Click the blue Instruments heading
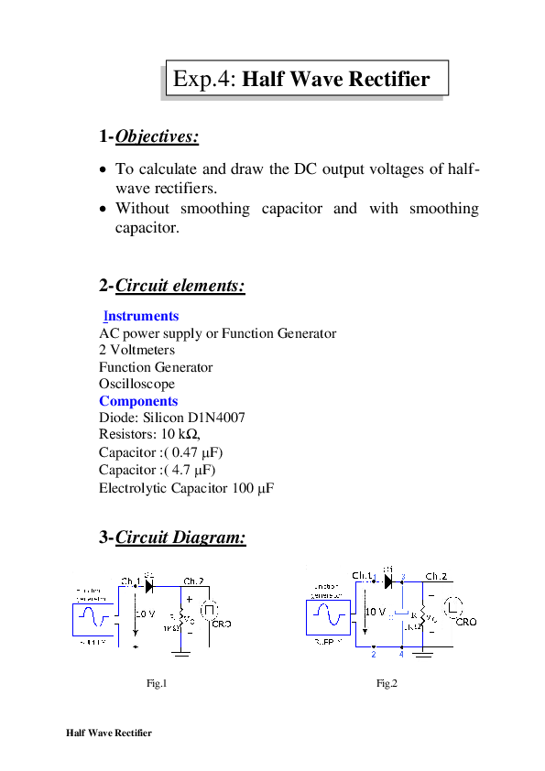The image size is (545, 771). [140, 316]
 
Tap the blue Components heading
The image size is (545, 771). [138, 401]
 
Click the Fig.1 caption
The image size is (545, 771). [157, 683]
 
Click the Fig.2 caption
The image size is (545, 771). [387, 683]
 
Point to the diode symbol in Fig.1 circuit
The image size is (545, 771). [148, 581]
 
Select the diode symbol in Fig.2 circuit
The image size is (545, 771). [387, 580]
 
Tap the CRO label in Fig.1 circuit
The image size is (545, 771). [221, 624]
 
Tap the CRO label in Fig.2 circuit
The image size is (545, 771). [465, 622]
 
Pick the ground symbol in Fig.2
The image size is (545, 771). [422, 653]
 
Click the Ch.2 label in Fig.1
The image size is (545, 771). [193, 581]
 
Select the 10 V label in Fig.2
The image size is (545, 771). [376, 611]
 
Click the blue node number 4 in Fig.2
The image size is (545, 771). [402, 654]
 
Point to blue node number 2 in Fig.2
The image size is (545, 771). [373, 654]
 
